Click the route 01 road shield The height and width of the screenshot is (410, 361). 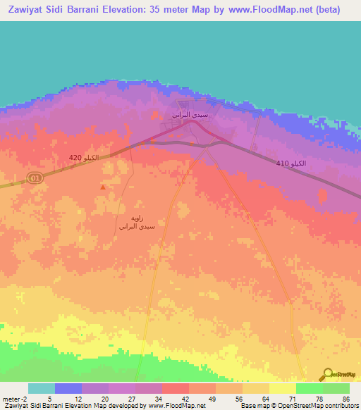click(x=35, y=179)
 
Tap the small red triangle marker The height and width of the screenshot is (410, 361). click(x=104, y=187)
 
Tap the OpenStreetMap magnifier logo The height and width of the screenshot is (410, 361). click(x=326, y=374)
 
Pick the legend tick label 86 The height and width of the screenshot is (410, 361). click(x=345, y=399)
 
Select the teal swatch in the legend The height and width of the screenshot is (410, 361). click(x=41, y=388)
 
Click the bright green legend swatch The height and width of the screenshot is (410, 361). click(x=309, y=388)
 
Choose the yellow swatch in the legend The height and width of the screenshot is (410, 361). click(x=282, y=388)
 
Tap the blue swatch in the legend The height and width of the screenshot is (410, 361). click(x=68, y=388)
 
